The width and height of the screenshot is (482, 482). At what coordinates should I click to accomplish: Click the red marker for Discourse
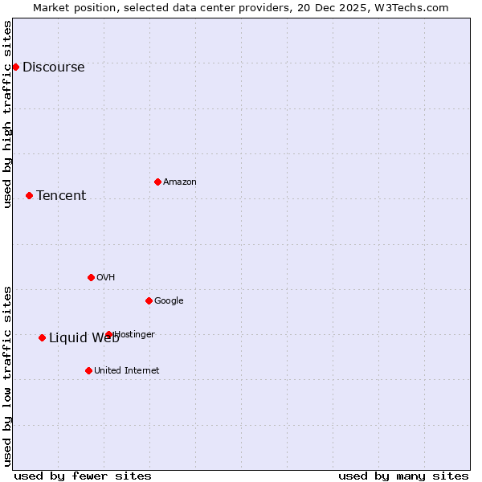[15, 67]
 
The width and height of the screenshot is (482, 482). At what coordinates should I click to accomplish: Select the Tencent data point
[29, 195]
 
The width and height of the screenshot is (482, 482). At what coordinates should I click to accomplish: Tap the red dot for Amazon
[157, 182]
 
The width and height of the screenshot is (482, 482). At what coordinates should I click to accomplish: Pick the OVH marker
[91, 277]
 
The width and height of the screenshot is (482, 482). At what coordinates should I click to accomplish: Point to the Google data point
[149, 300]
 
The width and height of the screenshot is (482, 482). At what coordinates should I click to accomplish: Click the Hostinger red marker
[108, 334]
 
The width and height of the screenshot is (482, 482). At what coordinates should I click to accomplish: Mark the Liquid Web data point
[42, 337]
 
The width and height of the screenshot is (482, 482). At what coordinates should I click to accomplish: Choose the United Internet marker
[88, 370]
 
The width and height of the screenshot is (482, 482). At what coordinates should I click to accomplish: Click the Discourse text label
[53, 67]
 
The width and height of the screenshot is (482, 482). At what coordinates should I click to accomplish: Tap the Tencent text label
[61, 196]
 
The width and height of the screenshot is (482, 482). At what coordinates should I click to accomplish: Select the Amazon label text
[180, 182]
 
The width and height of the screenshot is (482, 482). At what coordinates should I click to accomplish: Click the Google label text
[169, 301]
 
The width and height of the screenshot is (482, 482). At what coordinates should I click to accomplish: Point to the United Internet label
[126, 371]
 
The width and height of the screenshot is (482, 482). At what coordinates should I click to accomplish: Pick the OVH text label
[106, 278]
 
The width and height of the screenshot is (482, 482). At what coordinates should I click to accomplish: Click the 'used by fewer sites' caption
[83, 476]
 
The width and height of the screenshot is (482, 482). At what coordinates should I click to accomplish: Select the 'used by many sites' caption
[403, 476]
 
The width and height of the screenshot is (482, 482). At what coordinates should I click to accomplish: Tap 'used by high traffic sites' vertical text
[7, 114]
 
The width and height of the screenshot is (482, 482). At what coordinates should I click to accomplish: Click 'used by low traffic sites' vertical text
[7, 375]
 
